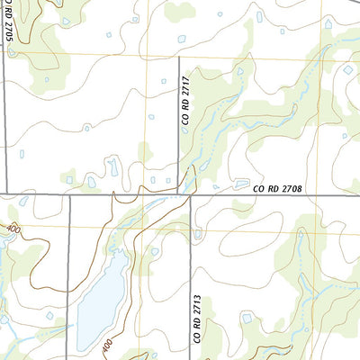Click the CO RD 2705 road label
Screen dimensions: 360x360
[8, 28]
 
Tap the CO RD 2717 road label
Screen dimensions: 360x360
[185, 99]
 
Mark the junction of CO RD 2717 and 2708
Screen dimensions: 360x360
[179, 193]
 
